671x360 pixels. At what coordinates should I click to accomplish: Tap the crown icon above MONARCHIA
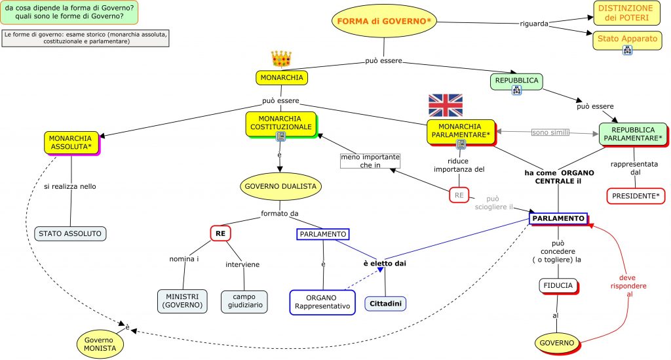tap(281, 58)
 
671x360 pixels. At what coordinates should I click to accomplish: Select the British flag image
tap(445, 105)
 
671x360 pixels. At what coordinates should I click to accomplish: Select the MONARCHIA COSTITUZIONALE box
tap(280, 123)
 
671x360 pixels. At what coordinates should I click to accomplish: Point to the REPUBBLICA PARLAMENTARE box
tap(632, 134)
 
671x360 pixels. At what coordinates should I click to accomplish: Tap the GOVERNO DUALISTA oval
tap(280, 186)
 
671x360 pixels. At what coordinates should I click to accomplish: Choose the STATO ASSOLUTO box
tap(70, 233)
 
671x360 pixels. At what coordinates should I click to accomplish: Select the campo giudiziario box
tap(244, 300)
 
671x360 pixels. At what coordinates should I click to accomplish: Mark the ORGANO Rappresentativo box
tap(322, 302)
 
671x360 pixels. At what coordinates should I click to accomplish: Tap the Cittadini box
tap(385, 303)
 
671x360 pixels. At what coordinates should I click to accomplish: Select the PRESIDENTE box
tap(634, 195)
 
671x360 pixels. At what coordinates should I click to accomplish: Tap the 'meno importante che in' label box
tap(370, 161)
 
